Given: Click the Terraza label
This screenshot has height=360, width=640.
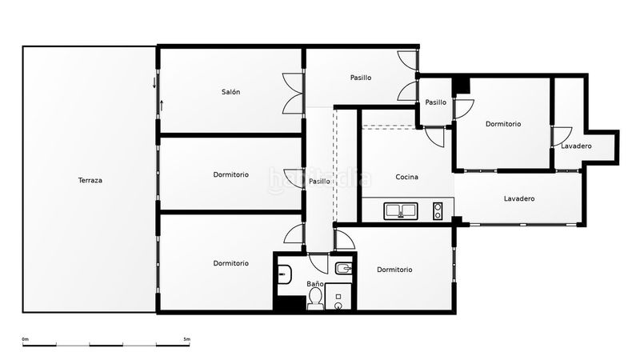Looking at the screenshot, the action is point(90,180).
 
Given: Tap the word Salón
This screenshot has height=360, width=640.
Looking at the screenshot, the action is point(230,92).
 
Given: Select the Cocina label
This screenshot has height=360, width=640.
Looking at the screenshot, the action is point(407,177).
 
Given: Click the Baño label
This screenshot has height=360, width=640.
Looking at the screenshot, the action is point(315,284).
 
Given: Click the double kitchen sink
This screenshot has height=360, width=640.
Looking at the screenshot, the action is point(401,211).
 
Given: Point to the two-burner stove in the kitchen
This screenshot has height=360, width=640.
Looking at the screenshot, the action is point(438,211).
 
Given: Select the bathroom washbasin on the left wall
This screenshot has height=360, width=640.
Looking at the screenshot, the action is point(285,274).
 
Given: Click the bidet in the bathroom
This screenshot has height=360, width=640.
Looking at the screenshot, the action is point(344,268).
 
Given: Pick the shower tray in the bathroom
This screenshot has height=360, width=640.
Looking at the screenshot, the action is point(338,296).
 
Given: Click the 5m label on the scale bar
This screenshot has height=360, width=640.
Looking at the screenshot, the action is point(187,339).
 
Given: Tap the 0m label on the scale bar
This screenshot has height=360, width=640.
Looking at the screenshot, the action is point(26,339).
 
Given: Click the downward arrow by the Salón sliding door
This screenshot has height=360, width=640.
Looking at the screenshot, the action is point(154,83).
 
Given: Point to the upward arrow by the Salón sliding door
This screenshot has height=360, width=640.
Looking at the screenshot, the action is point(162,106).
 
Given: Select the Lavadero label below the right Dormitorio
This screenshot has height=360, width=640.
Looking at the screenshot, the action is point(519,198).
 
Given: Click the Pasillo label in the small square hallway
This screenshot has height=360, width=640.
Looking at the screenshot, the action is point(435,102).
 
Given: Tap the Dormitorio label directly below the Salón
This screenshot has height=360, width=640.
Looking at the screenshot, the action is point(230,174).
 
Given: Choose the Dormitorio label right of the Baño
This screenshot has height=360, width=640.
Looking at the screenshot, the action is point(394,270).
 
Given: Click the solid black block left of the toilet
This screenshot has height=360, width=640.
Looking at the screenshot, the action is point(290,304).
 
